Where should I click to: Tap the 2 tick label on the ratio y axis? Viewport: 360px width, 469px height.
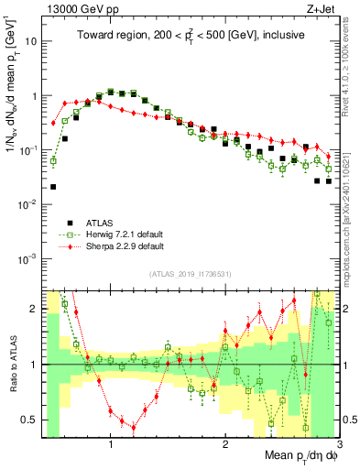pyautogui.click(x=33, y=309)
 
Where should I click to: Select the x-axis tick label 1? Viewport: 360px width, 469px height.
pyautogui.click(x=111, y=444)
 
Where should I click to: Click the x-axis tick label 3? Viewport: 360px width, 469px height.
pyautogui.click(x=341, y=444)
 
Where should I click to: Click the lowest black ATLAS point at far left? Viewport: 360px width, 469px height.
pyautogui.click(x=53, y=187)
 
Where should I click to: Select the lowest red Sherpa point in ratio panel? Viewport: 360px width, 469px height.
pyautogui.click(x=134, y=428)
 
